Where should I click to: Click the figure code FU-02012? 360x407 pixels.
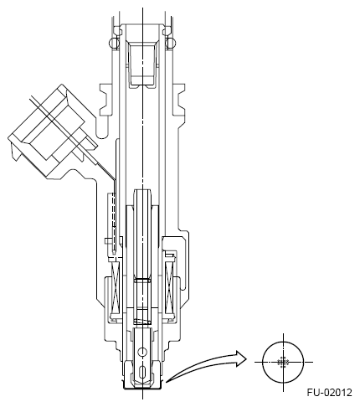[329, 391]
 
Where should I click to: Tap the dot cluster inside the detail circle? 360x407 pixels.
[284, 362]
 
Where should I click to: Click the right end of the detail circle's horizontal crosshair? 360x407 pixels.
[312, 362]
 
